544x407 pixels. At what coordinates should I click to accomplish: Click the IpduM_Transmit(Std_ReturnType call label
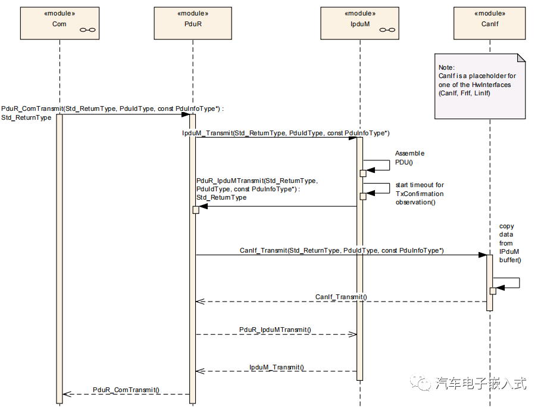[286, 133]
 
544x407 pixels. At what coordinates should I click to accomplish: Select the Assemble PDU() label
[409, 157]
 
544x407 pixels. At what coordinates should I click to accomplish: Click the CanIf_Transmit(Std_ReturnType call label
[342, 250]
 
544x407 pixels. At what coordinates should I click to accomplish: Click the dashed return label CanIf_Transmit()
[341, 297]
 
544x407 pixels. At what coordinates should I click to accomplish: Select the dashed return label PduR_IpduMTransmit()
[275, 329]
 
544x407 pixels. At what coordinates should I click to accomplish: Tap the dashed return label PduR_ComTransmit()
[126, 389]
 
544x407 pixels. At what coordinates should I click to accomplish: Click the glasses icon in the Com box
[87, 29]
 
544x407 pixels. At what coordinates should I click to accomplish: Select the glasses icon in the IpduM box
[387, 29]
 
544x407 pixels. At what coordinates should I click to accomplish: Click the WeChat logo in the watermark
[424, 383]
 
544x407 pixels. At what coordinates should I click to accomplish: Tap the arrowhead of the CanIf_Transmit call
[482, 256]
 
